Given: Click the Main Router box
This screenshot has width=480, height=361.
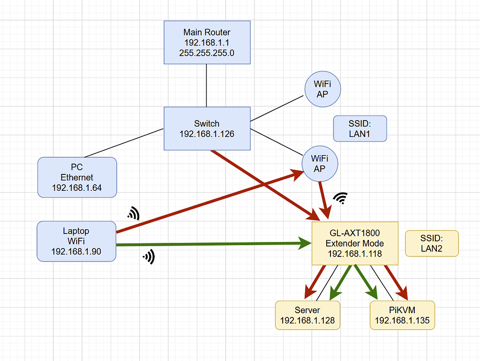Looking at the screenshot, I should coord(207,42).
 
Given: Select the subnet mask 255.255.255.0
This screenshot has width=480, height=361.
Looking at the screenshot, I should coord(207,53).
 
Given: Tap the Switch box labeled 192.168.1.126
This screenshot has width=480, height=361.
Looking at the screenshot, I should coord(207,128).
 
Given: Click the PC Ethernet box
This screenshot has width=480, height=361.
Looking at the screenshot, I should coord(77,177).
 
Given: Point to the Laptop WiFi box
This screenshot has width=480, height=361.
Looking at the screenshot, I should coord(76,241).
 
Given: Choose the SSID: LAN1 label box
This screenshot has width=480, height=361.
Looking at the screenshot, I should coord(360,128).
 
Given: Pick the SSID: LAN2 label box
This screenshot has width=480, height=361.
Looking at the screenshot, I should coord(431,243).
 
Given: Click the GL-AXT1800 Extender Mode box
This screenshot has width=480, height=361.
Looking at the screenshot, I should coord(355,243).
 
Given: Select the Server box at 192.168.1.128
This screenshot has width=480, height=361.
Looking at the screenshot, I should coord(307,315).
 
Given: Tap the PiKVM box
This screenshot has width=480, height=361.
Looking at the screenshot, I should coord(402,315).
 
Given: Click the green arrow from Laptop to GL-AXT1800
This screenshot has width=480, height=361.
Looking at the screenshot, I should coord(211,244).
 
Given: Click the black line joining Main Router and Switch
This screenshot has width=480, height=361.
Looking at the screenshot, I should coord(207,85).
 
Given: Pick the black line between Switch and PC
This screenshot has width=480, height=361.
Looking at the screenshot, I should coord(124,143).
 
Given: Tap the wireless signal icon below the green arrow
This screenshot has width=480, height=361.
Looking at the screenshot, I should coord(149,256).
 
